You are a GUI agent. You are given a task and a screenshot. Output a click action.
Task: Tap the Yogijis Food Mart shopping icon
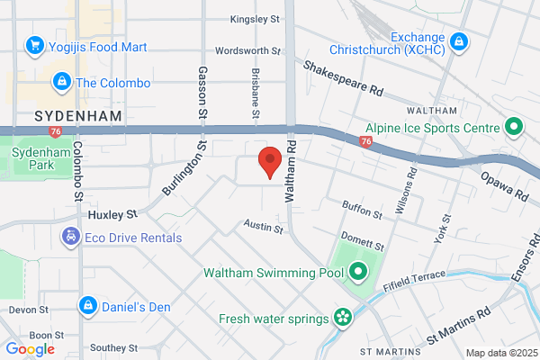click(36, 44)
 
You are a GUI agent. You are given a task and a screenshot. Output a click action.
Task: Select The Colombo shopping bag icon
click(61, 83)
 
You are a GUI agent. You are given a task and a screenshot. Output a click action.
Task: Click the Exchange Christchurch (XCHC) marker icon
click(459, 41)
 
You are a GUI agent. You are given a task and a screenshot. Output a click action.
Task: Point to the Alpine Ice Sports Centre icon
click(514, 128)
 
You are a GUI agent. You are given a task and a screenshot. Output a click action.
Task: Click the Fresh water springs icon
click(342, 318)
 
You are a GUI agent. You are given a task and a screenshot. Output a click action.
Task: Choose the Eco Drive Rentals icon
click(70, 238)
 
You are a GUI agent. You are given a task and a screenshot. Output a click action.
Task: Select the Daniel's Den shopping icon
click(87, 305)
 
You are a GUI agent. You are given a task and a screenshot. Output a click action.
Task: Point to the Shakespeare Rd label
click(344, 79)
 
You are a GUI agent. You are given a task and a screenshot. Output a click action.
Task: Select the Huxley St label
click(112, 216)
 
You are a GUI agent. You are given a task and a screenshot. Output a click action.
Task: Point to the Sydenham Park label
click(35, 159)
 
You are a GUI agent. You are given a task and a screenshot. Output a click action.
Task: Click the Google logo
click(31, 349)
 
